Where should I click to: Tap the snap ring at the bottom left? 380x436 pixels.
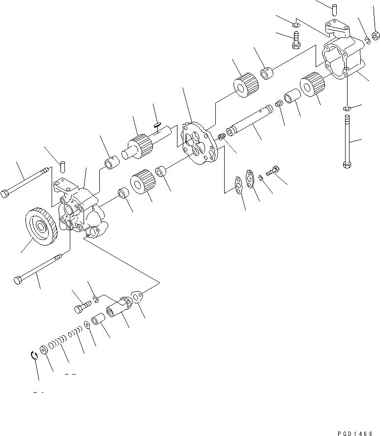coord(33,356)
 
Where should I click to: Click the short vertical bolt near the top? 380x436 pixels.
coord(296,39)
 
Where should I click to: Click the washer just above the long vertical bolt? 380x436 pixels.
coord(347,108)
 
